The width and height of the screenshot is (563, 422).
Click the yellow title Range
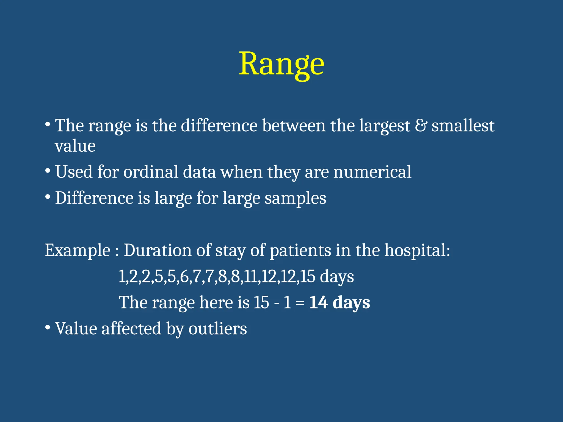(x=281, y=65)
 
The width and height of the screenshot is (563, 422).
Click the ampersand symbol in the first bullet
(x=421, y=126)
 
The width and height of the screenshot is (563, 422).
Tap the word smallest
(x=463, y=126)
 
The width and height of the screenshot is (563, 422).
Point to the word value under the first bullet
(x=75, y=146)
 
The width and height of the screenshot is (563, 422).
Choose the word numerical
(x=372, y=172)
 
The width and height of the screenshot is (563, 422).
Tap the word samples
(x=295, y=198)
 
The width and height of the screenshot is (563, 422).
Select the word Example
(x=78, y=251)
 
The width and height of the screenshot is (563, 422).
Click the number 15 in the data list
(x=307, y=276)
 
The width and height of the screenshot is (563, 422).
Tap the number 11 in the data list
(x=250, y=276)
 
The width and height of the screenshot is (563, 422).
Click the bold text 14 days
(x=340, y=302)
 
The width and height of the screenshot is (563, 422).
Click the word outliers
(x=217, y=329)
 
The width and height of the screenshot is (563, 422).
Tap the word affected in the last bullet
(x=131, y=329)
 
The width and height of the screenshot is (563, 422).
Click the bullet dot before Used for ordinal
(x=48, y=171)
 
